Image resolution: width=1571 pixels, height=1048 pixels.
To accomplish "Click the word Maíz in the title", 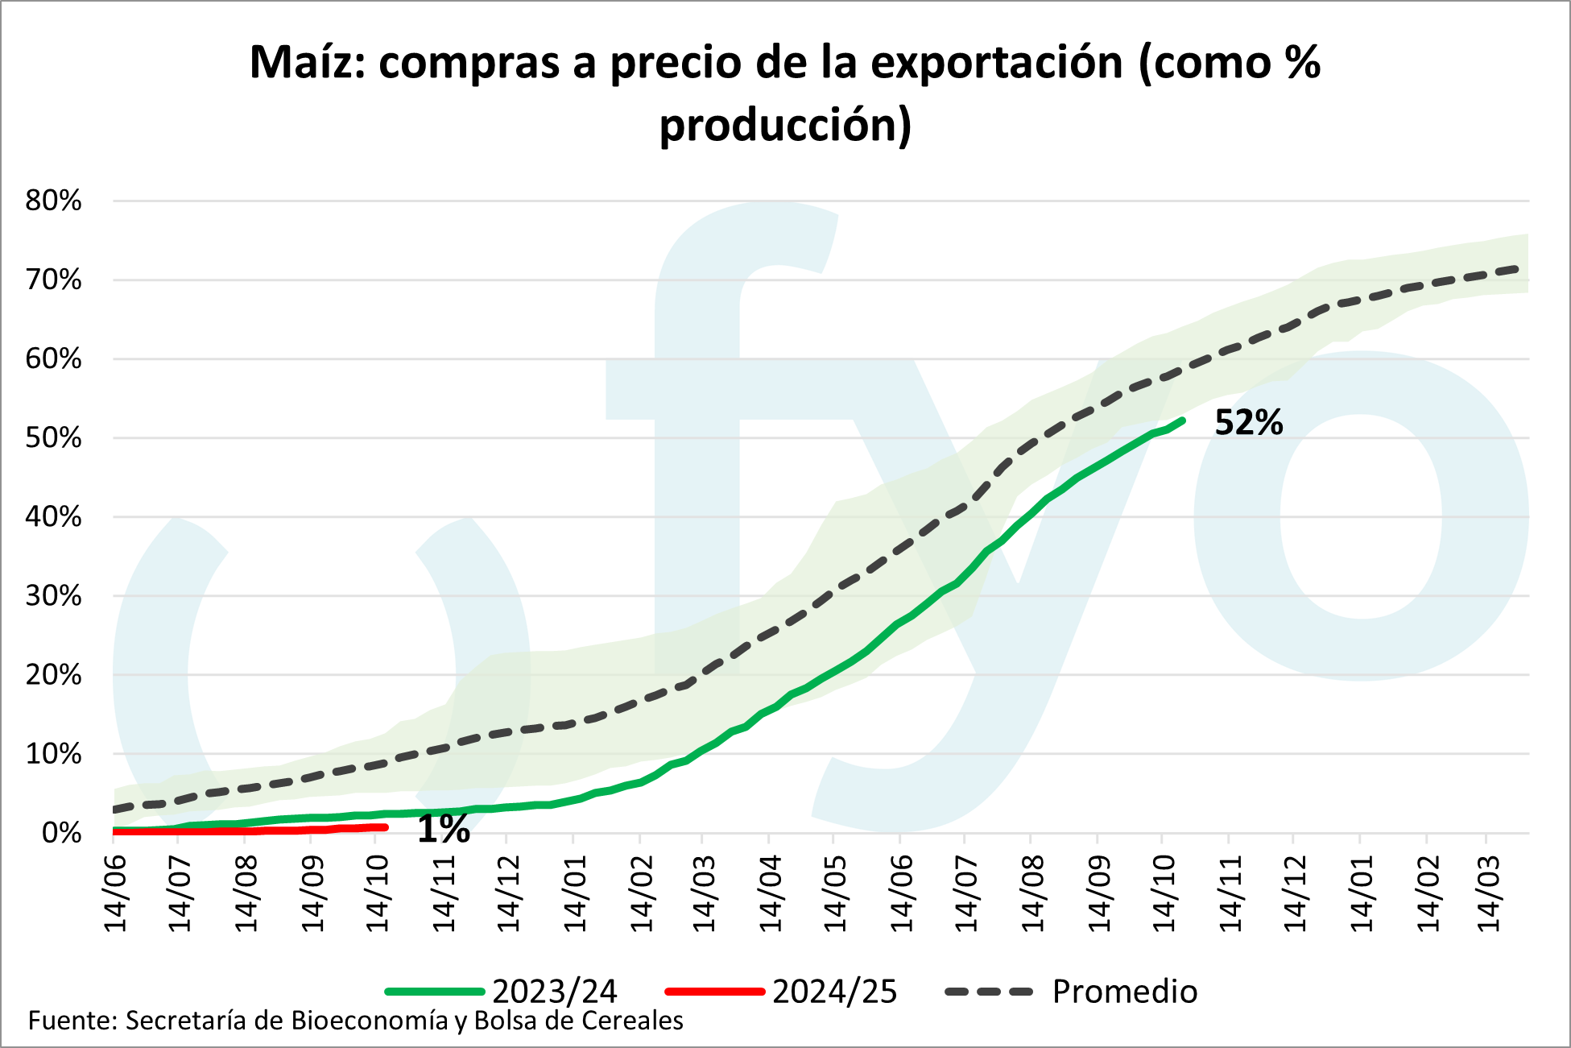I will coord(306,63).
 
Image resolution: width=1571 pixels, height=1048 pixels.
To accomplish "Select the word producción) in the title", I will coord(785,125).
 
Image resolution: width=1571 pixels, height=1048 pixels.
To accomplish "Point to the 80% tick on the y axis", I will coord(54,201).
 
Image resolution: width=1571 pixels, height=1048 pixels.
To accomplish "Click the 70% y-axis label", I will coord(54,280).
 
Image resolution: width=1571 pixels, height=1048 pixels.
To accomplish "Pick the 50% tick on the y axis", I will coord(54,438).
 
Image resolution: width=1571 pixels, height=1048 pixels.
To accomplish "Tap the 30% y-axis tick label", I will coord(54,596).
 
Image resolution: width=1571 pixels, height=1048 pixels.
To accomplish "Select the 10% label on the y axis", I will coord(54,754).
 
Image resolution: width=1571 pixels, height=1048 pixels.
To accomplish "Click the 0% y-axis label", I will coord(61,833).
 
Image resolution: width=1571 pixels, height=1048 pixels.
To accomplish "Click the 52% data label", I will coord(1248,423).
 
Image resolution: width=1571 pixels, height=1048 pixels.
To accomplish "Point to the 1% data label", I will coord(444,830).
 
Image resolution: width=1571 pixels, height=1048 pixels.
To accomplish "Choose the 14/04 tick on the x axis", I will coord(770,893).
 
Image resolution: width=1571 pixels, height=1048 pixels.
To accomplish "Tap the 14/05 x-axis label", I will coord(835,893).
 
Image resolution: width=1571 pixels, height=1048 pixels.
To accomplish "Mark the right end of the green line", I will coord(1181,420).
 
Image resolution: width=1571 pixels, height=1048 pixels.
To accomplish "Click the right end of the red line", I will coord(385,827).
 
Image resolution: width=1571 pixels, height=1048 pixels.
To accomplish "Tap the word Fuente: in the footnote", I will coord(73,1021).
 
